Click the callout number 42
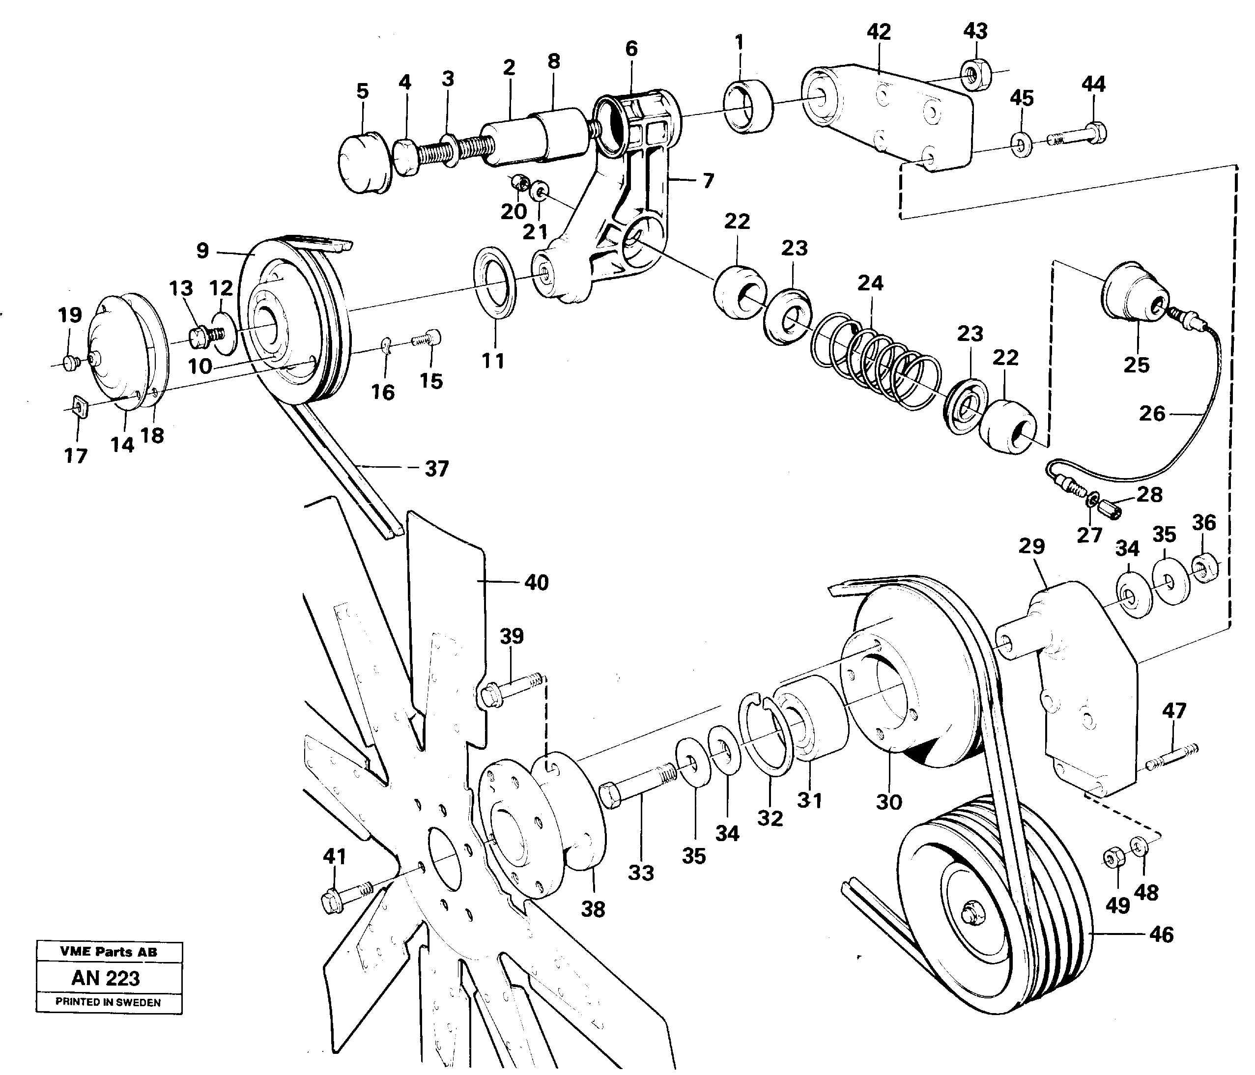point(878,32)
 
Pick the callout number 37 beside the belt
point(436,468)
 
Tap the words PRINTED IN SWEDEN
point(108,1002)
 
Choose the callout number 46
point(1161,934)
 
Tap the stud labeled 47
point(1172,757)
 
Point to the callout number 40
point(536,583)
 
